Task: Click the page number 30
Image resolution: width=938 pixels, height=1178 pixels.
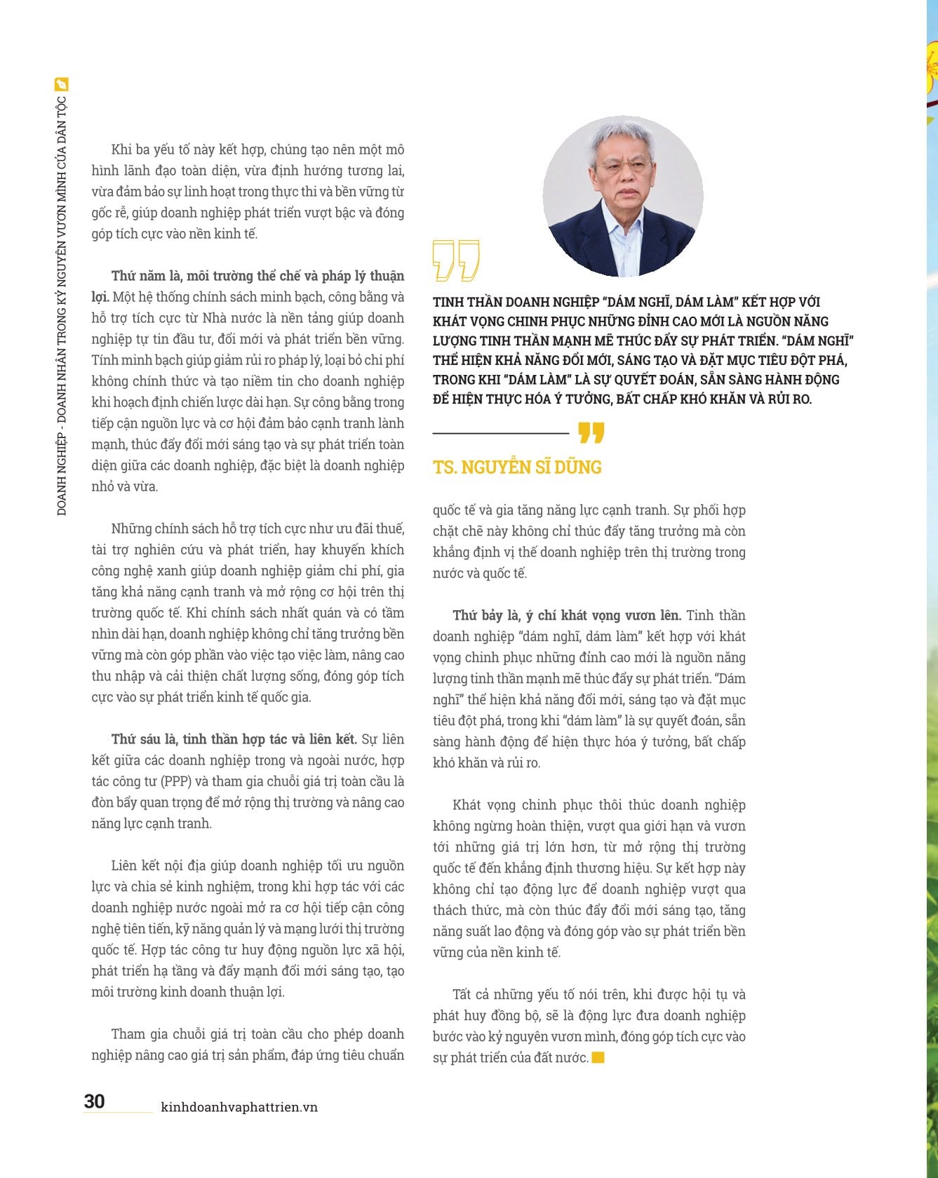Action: click(94, 1101)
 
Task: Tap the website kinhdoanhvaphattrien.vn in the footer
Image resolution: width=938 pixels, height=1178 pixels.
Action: click(239, 1107)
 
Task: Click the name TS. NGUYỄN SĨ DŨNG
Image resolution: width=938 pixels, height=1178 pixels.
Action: click(517, 467)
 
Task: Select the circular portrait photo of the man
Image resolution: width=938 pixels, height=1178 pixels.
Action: click(622, 196)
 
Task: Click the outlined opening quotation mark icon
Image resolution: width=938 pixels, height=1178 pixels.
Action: click(456, 260)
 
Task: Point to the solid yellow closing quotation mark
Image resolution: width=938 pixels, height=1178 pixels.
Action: click(591, 433)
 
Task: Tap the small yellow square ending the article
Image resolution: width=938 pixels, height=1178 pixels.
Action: click(598, 1058)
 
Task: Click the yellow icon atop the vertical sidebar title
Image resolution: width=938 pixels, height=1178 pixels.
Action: click(62, 85)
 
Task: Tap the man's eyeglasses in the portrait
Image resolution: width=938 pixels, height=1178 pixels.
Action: click(623, 166)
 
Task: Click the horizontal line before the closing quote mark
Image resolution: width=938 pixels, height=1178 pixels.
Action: click(500, 433)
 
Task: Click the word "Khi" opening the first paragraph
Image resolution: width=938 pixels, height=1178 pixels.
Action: click(121, 150)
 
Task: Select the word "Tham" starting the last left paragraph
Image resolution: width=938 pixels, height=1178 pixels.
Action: click(128, 1034)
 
